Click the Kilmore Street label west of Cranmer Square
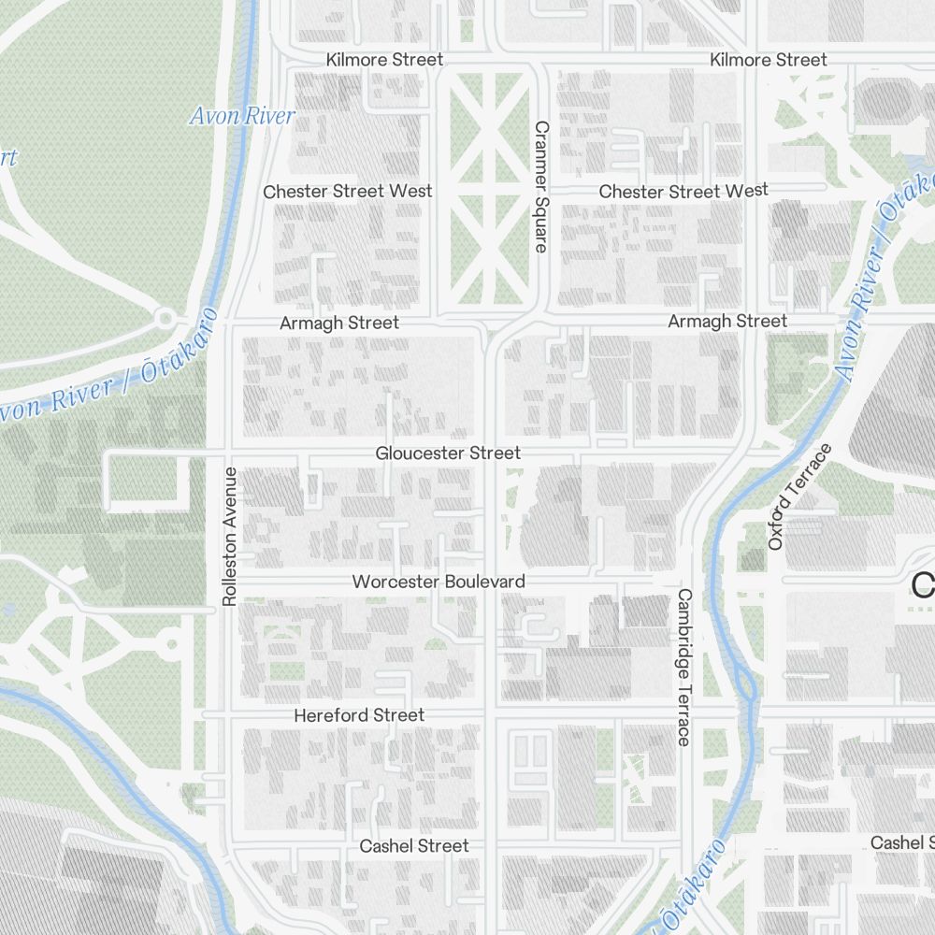(384, 60)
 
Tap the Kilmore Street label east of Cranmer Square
(769, 60)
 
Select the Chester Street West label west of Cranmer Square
(348, 191)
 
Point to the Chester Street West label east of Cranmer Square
(683, 191)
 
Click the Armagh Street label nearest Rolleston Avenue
(339, 323)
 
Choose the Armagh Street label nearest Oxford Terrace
(727, 321)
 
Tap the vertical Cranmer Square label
(540, 186)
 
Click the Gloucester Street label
(448, 453)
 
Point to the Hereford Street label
(359, 715)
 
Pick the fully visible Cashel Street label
(414, 845)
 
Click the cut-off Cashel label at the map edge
(902, 842)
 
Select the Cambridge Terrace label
(683, 667)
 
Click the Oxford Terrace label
(800, 496)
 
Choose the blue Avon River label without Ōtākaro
(241, 116)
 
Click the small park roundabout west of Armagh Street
(166, 319)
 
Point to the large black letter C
(924, 586)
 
